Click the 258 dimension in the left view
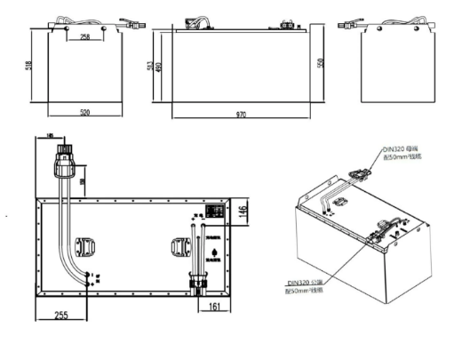pos(84,38)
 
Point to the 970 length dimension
pos(241,115)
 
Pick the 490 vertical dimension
pos(159,67)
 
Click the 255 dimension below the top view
pos(61,314)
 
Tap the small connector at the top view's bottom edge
pos(196,285)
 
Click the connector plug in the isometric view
pos(363,174)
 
